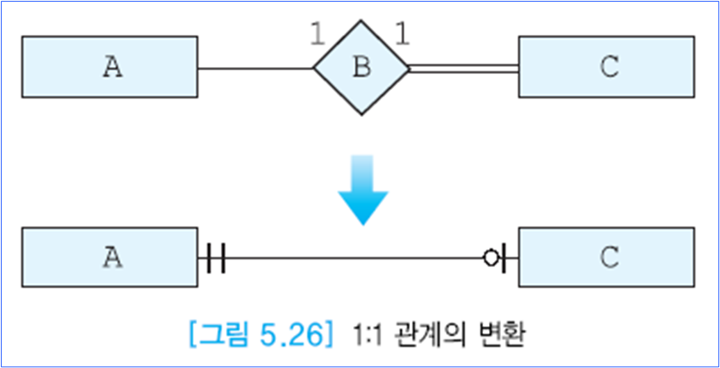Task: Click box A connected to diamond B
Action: pos(110,68)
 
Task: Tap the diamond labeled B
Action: pos(361,68)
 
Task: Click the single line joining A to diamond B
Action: pos(255,69)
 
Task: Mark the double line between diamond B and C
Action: pos(463,69)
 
